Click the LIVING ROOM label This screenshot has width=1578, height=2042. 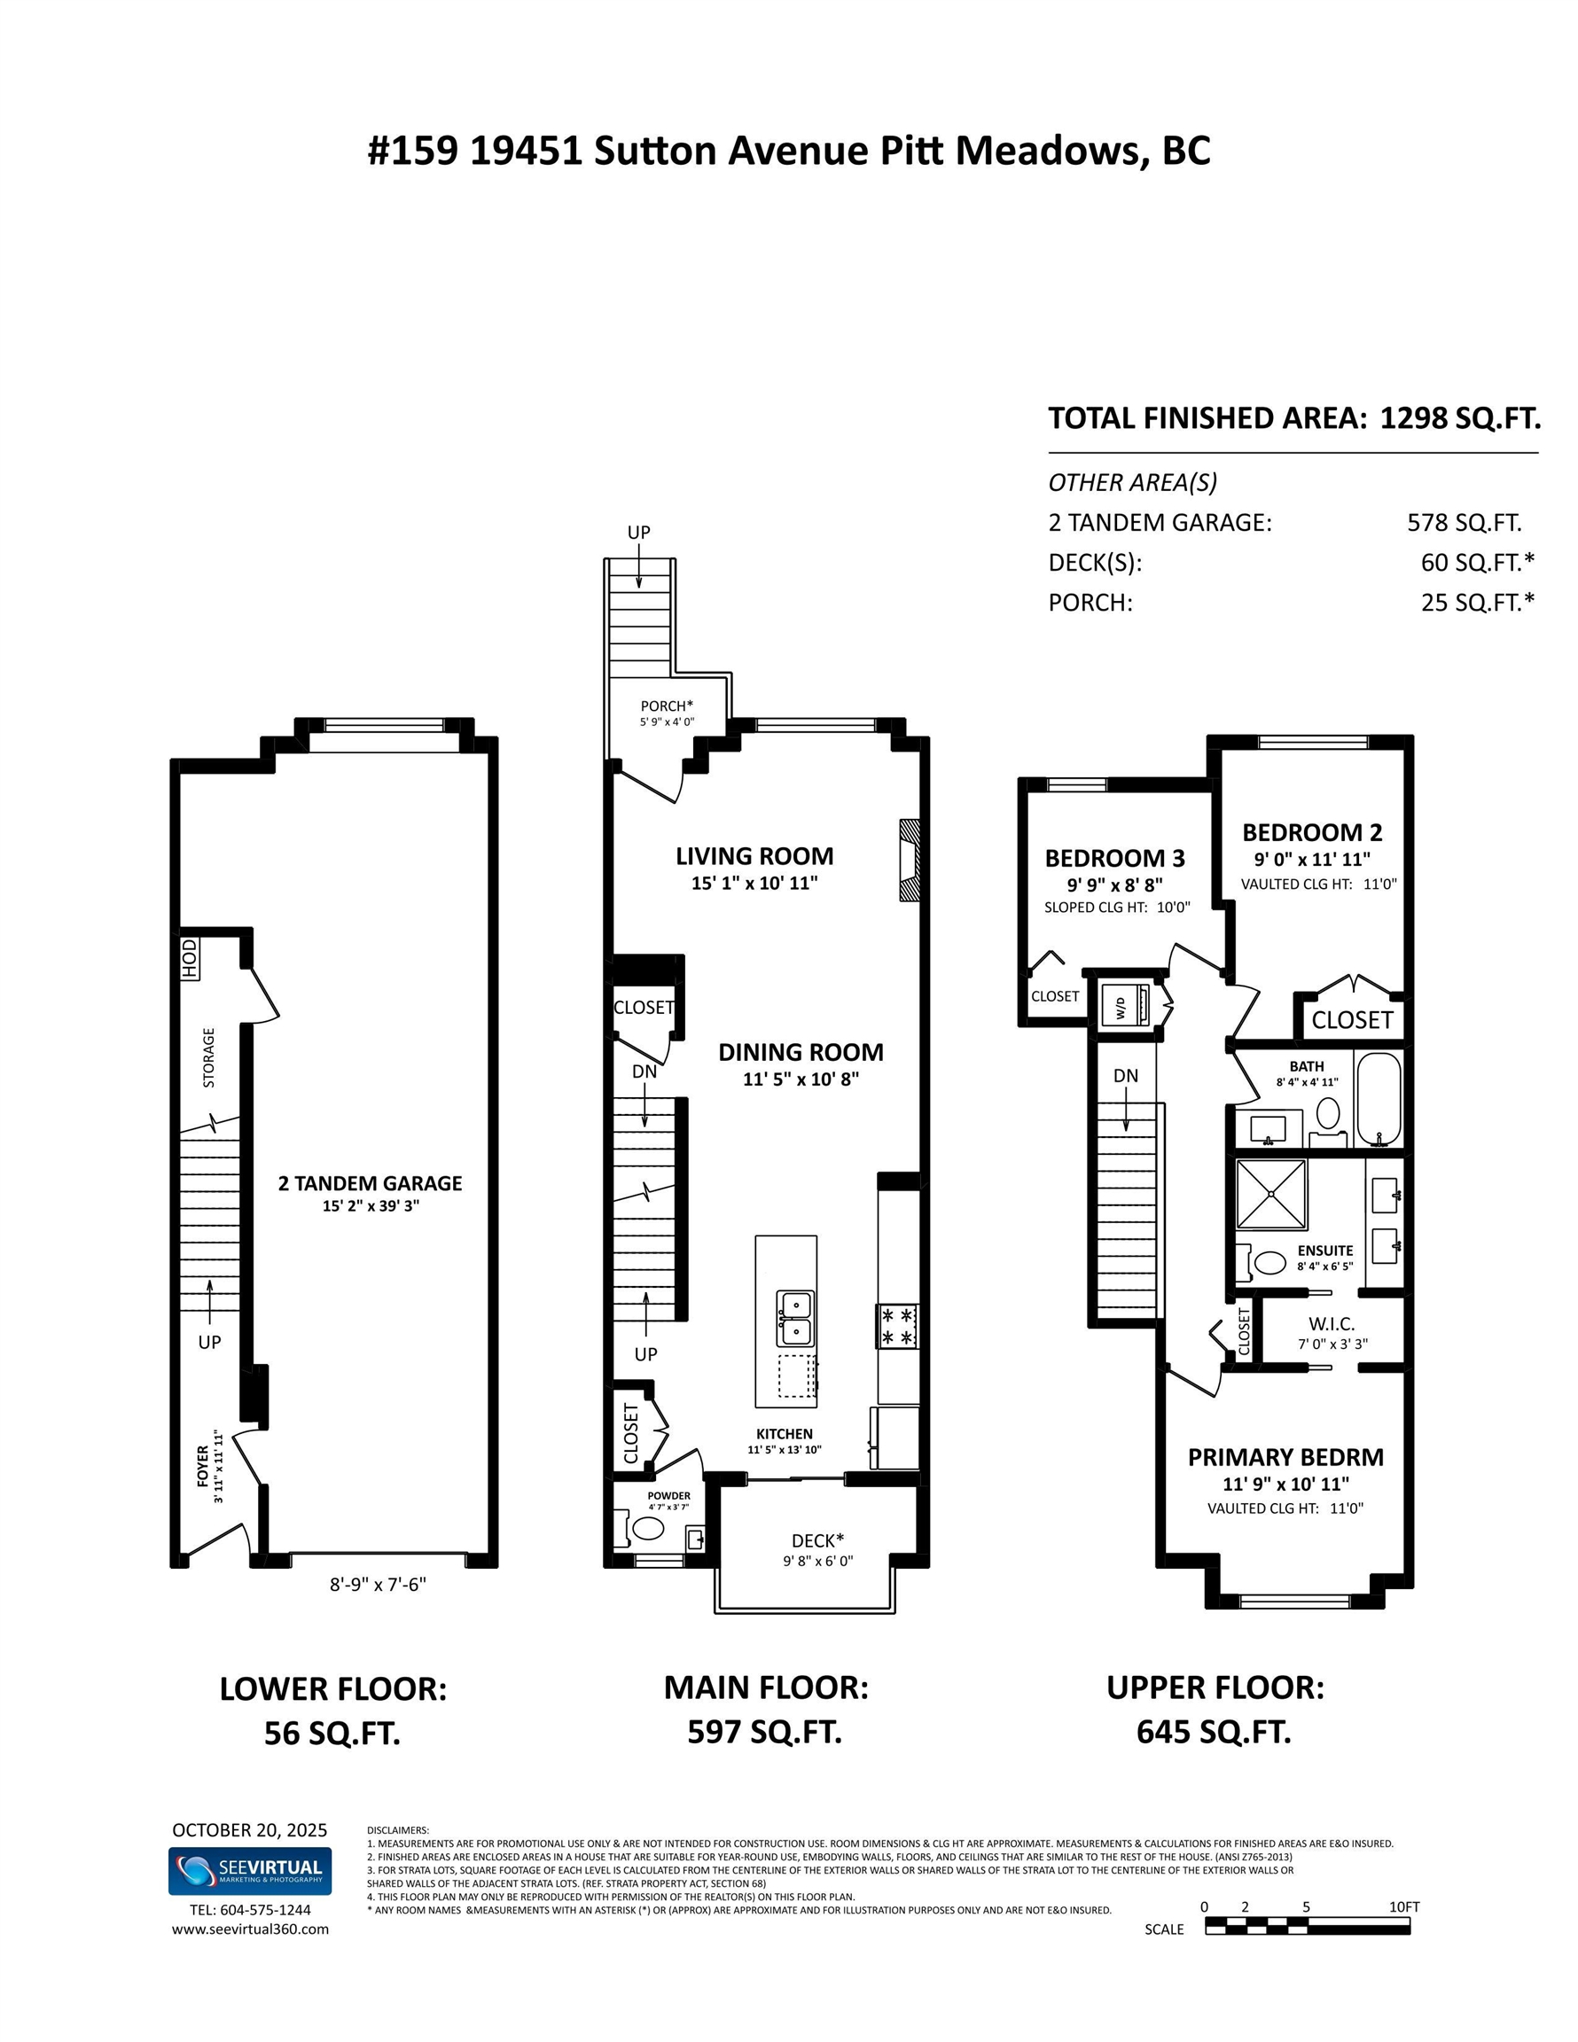pos(754,855)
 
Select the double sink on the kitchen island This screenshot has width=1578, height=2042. pos(794,1317)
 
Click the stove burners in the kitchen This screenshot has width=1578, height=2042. pos(897,1326)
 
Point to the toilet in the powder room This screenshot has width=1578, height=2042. pos(648,1529)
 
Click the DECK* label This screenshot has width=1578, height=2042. pos(816,1539)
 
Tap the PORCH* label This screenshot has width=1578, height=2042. pos(666,705)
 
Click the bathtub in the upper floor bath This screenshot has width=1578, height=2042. pos(1378,1098)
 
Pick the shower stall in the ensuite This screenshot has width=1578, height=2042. pos(1270,1194)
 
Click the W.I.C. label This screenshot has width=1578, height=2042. pos(1331,1324)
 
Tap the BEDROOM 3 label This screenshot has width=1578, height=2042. pos(1114,857)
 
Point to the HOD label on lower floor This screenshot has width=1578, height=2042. pos(190,958)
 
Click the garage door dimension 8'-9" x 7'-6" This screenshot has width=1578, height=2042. pos(377,1584)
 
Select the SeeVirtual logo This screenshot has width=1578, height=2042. pos(249,1870)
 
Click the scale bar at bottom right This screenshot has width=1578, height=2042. pos(1306,1926)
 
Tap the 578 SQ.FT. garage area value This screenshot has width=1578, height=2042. pos(1463,522)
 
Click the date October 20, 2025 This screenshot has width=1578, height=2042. pos(249,1830)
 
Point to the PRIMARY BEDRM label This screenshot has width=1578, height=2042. pos(1285,1457)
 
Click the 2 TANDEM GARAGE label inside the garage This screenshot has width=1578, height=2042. pos(370,1183)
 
